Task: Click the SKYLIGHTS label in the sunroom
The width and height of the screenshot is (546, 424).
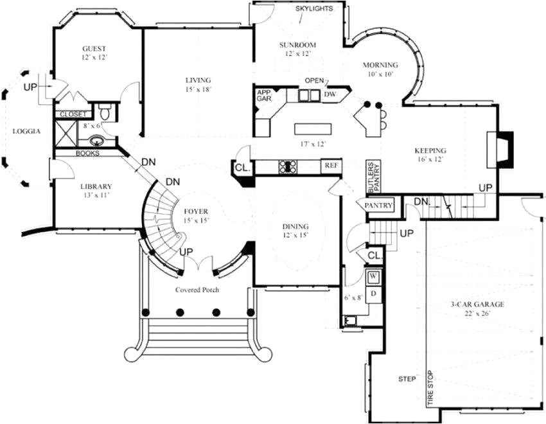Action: (x=314, y=9)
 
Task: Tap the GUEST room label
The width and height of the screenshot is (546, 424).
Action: (x=94, y=49)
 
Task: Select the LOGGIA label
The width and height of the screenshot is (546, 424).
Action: (x=26, y=132)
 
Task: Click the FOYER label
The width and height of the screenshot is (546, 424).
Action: (x=195, y=211)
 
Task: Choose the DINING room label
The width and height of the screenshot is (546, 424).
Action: (x=295, y=227)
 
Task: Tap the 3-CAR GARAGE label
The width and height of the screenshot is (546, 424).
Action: (x=476, y=305)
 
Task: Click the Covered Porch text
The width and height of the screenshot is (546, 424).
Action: (x=197, y=290)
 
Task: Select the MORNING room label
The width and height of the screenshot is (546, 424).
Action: (x=380, y=65)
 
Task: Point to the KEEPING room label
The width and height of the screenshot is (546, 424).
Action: (x=430, y=151)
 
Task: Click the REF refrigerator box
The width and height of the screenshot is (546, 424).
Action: (x=331, y=166)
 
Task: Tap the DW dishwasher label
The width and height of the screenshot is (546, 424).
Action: (x=330, y=95)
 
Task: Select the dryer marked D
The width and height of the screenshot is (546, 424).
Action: (x=373, y=294)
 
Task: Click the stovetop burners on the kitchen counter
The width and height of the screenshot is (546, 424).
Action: (x=286, y=167)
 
